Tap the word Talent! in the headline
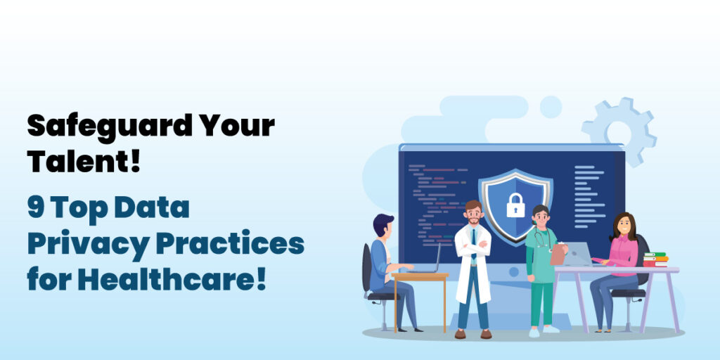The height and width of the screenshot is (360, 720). pos(84,162)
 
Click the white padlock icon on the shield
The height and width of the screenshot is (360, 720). pos(515,205)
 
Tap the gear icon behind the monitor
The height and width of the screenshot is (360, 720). pos(619,130)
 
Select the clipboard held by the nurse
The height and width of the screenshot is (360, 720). pos(558,253)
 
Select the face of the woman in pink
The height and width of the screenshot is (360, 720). pos(624,226)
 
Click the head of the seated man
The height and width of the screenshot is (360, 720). pos(383,225)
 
